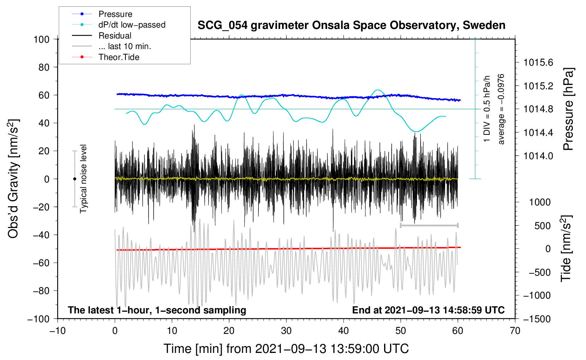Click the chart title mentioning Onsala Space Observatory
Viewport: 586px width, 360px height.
351,25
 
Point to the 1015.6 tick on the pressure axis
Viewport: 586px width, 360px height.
538,62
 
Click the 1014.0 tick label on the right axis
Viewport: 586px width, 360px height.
538,156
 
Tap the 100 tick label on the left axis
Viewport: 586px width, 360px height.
41,40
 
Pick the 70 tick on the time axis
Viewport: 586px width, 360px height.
515,331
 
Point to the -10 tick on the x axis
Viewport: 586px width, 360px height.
58,331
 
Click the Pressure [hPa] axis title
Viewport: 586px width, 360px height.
568,109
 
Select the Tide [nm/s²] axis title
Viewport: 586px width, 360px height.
567,248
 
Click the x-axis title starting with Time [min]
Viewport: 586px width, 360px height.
286,349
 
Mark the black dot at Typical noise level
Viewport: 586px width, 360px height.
74,179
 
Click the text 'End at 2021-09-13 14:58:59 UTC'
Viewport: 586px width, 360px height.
428,310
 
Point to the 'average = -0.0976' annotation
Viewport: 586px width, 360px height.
501,109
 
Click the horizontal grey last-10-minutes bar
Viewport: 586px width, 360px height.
429,225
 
